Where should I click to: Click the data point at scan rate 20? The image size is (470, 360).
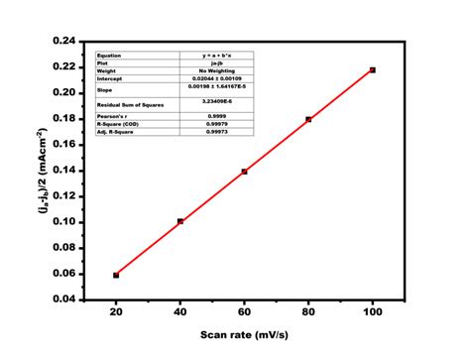(116, 275)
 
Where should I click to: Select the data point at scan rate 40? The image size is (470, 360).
(179, 221)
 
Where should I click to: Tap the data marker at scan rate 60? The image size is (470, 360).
(244, 172)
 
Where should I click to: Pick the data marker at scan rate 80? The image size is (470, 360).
(308, 119)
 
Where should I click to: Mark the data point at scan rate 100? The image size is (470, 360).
(373, 69)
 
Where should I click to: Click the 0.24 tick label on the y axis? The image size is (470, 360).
(62, 41)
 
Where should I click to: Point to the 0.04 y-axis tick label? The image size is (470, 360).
(62, 299)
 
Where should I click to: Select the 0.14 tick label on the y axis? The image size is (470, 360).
(62, 170)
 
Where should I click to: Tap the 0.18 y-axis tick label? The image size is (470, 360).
(62, 118)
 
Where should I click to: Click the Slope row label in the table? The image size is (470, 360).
(105, 89)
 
